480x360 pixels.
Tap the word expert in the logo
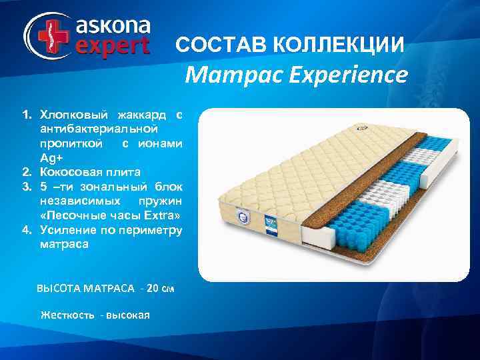coord(114,47)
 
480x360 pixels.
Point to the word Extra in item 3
coord(161,216)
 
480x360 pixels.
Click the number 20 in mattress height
coord(152,289)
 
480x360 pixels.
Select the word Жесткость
coord(67,314)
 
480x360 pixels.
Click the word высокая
coord(127,314)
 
